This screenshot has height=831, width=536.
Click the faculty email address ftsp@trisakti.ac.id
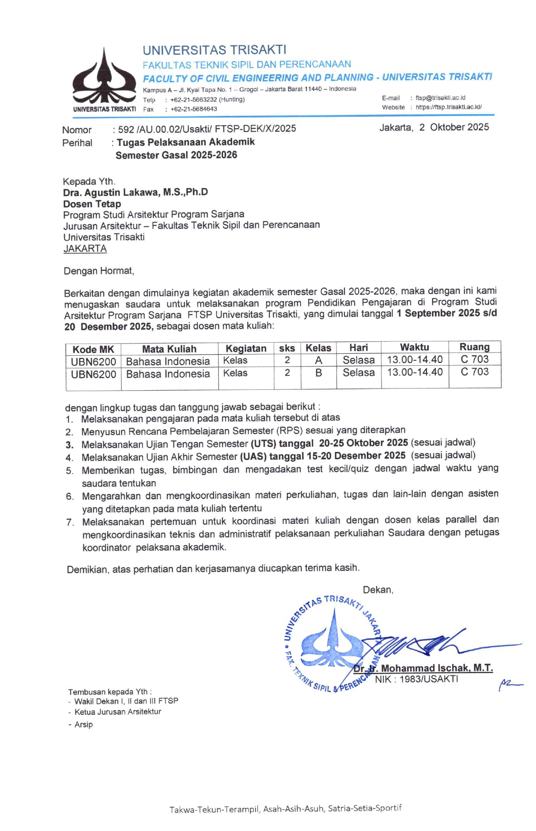[440, 98]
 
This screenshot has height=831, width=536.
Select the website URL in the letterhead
[448, 107]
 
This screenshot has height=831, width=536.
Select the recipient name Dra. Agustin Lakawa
[136, 192]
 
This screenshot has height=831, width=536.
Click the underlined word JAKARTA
[85, 249]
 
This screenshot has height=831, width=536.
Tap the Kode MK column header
[93, 350]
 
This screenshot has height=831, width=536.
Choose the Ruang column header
[474, 347]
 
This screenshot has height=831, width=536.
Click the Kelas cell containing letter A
[319, 361]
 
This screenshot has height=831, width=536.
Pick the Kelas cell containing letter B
[319, 373]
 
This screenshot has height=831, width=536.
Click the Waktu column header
[414, 347]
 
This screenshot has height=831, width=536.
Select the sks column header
[287, 348]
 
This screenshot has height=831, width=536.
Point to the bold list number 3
[69, 445]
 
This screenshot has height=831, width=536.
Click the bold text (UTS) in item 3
[263, 443]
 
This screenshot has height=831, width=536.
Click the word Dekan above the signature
[378, 590]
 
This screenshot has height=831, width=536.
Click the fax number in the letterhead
[194, 109]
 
